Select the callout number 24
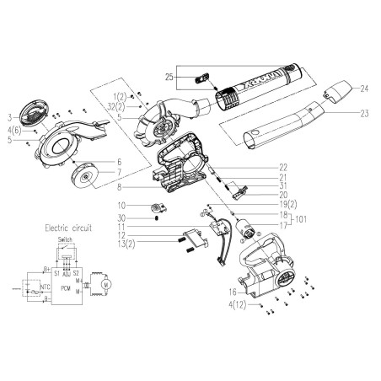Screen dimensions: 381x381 [366, 89]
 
